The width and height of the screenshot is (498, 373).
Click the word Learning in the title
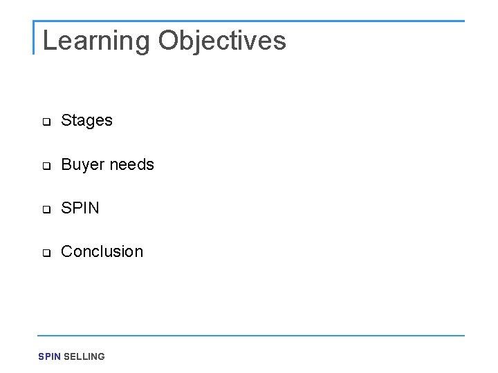pos(96,41)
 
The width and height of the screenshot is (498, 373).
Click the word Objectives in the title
pos(221,41)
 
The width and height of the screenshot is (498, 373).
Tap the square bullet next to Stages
pos(46,122)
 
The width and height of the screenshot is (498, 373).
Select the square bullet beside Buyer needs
pos(46,166)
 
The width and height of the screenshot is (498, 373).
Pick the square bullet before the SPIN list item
pos(46,210)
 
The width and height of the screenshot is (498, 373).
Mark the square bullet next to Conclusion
pos(46,254)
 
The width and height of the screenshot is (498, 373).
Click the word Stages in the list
pos(86,121)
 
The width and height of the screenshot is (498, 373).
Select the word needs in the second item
pos(131,165)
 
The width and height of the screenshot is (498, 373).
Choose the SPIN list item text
pos(80,208)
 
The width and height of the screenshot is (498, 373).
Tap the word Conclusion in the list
pos(102,251)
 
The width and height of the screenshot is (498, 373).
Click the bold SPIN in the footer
pos(49,356)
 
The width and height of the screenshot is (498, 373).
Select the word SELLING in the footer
pos(84,356)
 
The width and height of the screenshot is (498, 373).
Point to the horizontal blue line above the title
pos(249,21)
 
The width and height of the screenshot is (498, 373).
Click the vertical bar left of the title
pos(34,37)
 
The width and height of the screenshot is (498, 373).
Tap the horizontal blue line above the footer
pos(249,336)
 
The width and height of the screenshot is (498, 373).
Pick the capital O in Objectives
pos(168,41)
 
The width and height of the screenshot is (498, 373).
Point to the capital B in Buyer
pos(66,165)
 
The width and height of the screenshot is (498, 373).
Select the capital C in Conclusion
pos(67,251)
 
